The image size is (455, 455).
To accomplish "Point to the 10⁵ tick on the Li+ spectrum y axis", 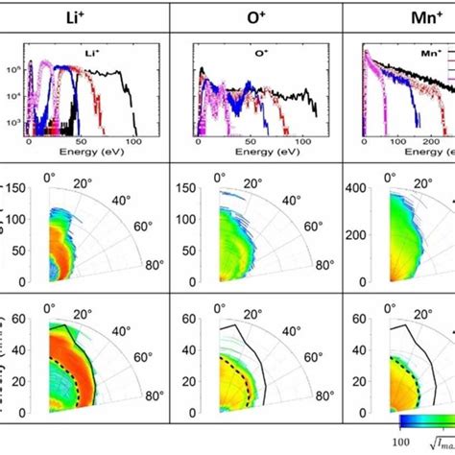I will click(15, 71).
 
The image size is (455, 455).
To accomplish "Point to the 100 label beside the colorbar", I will click(390, 443).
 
